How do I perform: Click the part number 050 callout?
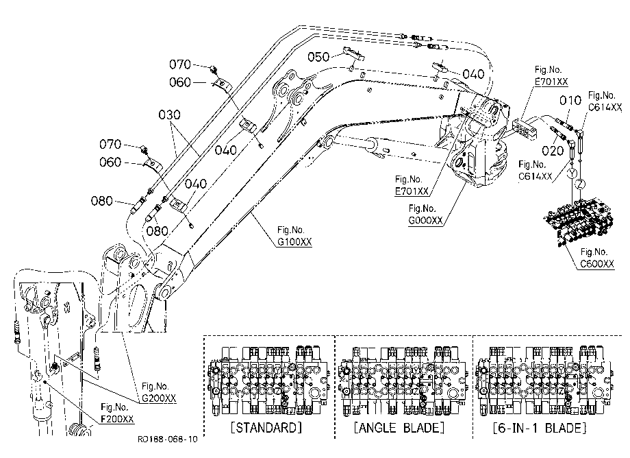(x=318, y=57)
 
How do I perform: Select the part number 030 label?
(x=169, y=115)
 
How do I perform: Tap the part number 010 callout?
(x=570, y=101)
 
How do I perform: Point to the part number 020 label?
(x=553, y=152)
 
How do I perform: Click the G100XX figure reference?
(x=294, y=241)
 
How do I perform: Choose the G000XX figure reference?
(x=425, y=220)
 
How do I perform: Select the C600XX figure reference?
(x=597, y=264)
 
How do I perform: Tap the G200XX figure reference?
(x=159, y=398)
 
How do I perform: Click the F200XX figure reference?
(x=117, y=419)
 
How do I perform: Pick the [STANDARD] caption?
(x=266, y=427)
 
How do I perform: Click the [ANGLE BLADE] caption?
(x=399, y=427)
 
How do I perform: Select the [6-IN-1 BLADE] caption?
(x=539, y=427)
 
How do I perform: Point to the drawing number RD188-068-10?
(x=168, y=439)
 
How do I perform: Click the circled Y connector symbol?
(x=572, y=173)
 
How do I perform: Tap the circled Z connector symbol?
(x=580, y=184)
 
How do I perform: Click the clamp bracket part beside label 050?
(x=353, y=54)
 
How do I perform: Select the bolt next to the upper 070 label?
(x=213, y=69)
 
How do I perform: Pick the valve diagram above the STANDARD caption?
(x=268, y=380)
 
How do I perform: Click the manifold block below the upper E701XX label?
(x=525, y=128)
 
